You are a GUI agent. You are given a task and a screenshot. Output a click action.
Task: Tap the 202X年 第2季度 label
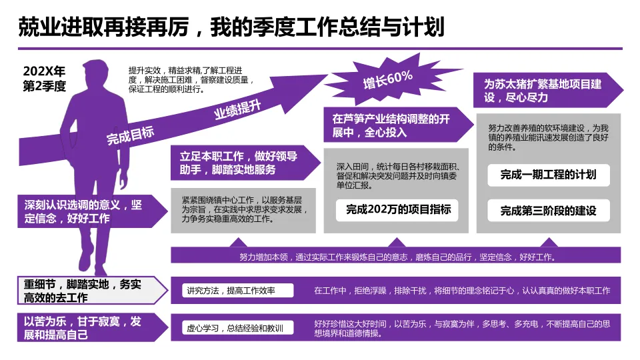[45, 79]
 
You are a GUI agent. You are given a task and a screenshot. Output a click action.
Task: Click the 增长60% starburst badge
[387, 79]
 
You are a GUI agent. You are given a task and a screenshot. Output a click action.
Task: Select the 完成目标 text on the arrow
[131, 136]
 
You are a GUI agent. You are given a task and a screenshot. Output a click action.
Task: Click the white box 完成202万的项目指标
[398, 209]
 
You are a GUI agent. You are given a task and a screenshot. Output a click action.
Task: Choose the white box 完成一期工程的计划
[548, 175]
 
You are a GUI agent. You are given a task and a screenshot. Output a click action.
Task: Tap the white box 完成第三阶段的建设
[548, 211]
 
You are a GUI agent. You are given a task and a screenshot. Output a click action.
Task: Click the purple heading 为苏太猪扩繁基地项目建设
[543, 91]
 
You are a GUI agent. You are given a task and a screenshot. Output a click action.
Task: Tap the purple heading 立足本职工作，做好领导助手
[239, 163]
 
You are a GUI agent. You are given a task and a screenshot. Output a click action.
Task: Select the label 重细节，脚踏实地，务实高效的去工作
[82, 291]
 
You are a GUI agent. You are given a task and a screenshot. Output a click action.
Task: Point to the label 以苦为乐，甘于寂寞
[82, 327]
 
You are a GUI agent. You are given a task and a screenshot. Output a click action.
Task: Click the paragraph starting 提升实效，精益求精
[191, 79]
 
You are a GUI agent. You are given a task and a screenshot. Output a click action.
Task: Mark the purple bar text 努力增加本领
[397, 257]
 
